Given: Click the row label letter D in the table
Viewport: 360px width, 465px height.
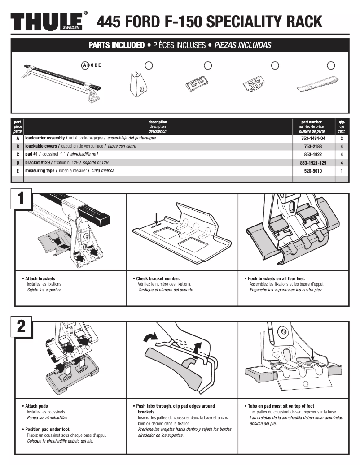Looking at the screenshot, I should click(18, 163).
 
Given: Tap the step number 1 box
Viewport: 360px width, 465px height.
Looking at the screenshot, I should click(21, 200).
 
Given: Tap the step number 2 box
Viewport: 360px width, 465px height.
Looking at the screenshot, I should click(21, 327).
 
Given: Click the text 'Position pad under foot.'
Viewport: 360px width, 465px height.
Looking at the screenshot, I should click(48, 429).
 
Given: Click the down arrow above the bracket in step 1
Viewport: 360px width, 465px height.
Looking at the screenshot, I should click(155, 219).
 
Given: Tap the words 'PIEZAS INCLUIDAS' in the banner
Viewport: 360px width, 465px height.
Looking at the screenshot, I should click(242, 45).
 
